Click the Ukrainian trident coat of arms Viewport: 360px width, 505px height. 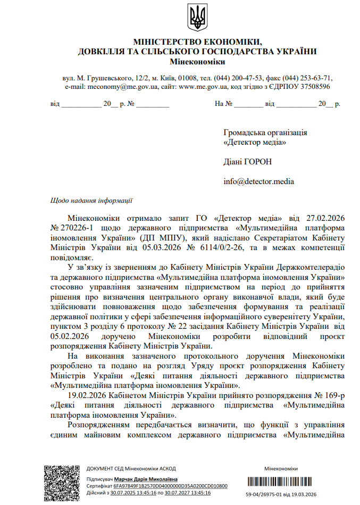coord(197,17)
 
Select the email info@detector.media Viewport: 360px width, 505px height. coord(258,181)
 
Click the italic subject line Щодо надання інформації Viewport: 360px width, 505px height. coord(91,201)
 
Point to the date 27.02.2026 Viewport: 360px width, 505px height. coord(326,218)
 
